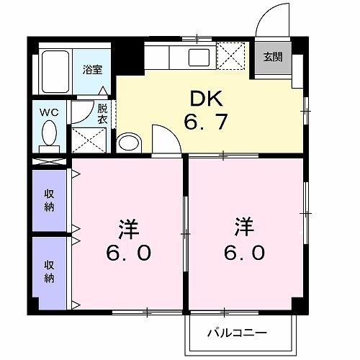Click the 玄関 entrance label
(273, 57)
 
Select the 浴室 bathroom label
(91, 70)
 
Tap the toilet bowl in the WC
(50, 133)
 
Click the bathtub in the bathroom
(55, 69)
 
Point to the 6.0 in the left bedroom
(130, 254)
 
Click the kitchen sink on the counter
(197, 56)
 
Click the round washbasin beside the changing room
(130, 143)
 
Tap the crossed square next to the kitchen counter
(230, 55)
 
